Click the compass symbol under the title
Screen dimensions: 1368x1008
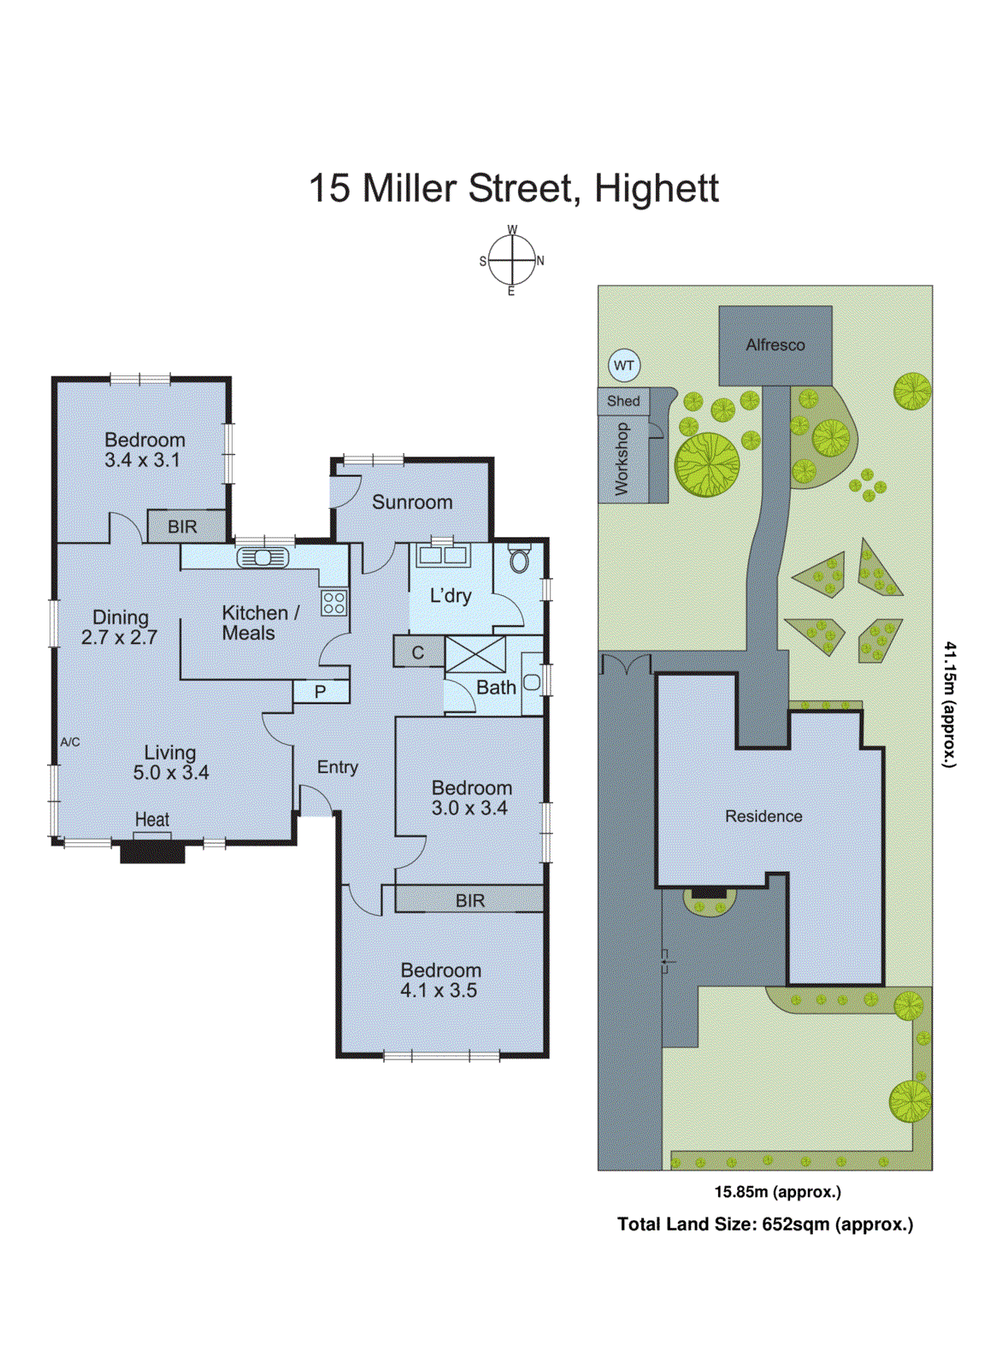click(x=511, y=260)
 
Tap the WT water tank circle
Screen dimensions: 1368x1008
click(x=624, y=366)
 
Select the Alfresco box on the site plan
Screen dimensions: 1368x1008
click(x=775, y=345)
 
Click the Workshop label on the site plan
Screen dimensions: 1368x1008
click(x=622, y=458)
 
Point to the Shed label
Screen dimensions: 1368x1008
click(x=623, y=401)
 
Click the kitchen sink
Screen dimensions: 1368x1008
click(x=262, y=558)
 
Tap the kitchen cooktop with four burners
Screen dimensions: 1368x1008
click(x=334, y=602)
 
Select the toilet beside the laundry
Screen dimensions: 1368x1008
click(x=519, y=559)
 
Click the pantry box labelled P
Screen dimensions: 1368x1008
click(x=321, y=691)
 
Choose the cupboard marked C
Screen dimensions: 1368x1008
click(x=418, y=652)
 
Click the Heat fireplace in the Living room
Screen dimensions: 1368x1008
click(x=152, y=849)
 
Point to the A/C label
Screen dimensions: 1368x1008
click(x=70, y=742)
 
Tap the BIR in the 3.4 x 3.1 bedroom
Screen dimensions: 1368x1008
click(x=182, y=527)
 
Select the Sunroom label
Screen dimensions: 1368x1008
click(x=412, y=503)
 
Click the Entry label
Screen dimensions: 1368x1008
click(x=338, y=767)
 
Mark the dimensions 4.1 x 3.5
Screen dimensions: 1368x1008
click(x=439, y=991)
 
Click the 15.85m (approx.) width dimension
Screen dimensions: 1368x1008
click(x=777, y=1192)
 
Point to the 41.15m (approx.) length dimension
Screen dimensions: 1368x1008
click(x=949, y=705)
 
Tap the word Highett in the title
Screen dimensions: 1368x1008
click(x=656, y=189)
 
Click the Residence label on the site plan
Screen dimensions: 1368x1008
click(x=763, y=817)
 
